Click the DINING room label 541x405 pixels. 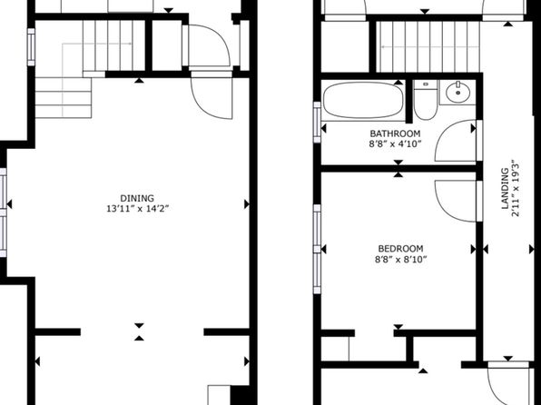pyautogui.click(x=137, y=199)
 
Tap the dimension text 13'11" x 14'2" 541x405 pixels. pyautogui.click(x=137, y=209)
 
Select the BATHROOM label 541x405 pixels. pyautogui.click(x=395, y=133)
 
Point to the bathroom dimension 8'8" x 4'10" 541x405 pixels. pyautogui.click(x=395, y=143)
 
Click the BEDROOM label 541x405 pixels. pyautogui.click(x=400, y=249)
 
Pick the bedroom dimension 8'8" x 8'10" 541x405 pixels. pyautogui.click(x=401, y=259)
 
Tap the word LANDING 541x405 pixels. pyautogui.click(x=505, y=188)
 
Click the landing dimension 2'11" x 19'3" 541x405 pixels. pyautogui.click(x=516, y=188)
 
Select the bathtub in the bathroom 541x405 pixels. pyautogui.click(x=363, y=101)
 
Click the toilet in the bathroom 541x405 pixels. pyautogui.click(x=426, y=100)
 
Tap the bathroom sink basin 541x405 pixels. pyautogui.click(x=457, y=93)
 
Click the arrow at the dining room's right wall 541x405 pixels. pyautogui.click(x=247, y=204)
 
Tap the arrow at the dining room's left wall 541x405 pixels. pyautogui.click(x=9, y=204)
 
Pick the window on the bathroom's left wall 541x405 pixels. pyautogui.click(x=317, y=123)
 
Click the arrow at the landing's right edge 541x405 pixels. pyautogui.click(x=532, y=250)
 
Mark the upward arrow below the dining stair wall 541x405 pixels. pyautogui.click(x=139, y=81)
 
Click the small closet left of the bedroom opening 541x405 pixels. pyautogui.click(x=335, y=349)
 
